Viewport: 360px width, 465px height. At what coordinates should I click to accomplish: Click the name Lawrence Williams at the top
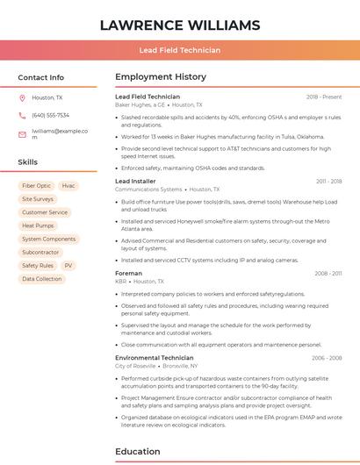(x=180, y=25)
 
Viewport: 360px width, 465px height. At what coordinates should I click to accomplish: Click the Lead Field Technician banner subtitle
(x=180, y=50)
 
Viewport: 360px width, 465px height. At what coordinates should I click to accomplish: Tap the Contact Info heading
(x=40, y=77)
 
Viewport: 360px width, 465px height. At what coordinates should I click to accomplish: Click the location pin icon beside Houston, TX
(x=22, y=98)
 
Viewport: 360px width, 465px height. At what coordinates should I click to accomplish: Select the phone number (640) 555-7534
(x=50, y=115)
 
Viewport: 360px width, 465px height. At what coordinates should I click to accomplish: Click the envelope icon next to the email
(x=22, y=134)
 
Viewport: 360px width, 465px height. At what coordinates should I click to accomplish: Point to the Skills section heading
(x=27, y=162)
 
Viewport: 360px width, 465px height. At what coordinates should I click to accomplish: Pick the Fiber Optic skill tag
(x=36, y=186)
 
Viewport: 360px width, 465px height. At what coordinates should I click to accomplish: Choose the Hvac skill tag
(x=68, y=186)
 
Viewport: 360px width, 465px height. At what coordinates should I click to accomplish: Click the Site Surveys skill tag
(x=38, y=199)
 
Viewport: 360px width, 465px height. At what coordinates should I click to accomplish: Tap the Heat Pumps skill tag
(x=38, y=225)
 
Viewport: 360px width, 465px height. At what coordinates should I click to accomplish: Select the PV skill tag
(x=68, y=265)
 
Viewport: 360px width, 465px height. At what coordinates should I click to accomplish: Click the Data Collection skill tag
(x=42, y=279)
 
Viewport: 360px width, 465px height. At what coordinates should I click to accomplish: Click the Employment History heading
(x=161, y=77)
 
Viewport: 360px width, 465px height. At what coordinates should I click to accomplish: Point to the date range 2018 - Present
(x=324, y=97)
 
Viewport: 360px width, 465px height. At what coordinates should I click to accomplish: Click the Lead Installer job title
(x=135, y=182)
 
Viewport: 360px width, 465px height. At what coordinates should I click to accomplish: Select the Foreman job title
(x=128, y=273)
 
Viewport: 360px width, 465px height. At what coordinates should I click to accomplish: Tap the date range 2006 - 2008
(x=326, y=358)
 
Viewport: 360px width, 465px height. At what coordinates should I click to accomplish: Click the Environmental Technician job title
(x=155, y=358)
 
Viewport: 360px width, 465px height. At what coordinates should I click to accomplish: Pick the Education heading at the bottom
(x=139, y=452)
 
